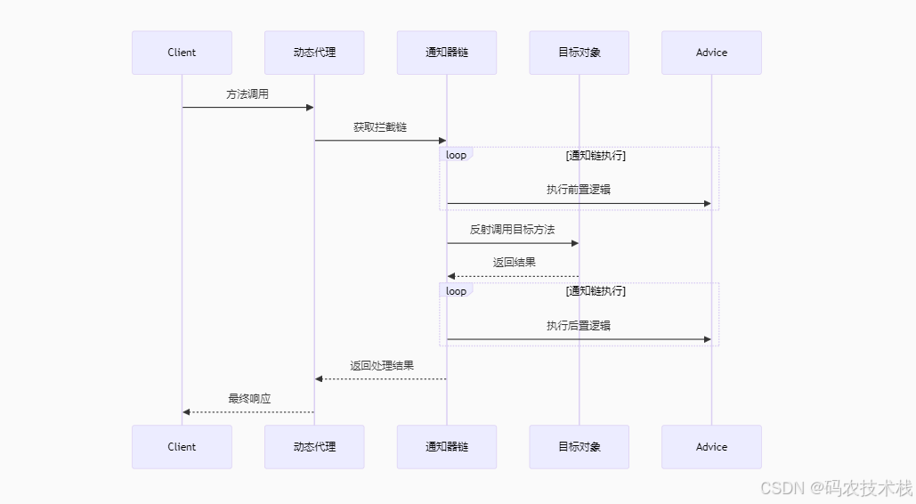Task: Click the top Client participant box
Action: (182, 53)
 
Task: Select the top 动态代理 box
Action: (314, 53)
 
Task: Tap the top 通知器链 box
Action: (447, 53)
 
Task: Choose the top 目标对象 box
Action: (579, 53)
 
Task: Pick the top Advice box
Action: (711, 53)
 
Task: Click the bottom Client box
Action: (182, 447)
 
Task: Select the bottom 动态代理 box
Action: (314, 447)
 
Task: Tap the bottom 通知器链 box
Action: (447, 447)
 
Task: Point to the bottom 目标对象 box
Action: (579, 447)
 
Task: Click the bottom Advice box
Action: (711, 447)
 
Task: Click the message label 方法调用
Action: (247, 94)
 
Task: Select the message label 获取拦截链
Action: (380, 127)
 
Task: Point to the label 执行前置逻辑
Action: (579, 190)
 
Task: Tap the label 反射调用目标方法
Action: (513, 230)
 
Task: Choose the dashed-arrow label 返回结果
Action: (515, 263)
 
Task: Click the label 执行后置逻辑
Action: (579, 326)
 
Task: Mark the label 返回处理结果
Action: (382, 366)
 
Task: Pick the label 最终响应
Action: (249, 399)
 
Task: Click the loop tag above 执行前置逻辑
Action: (456, 155)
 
